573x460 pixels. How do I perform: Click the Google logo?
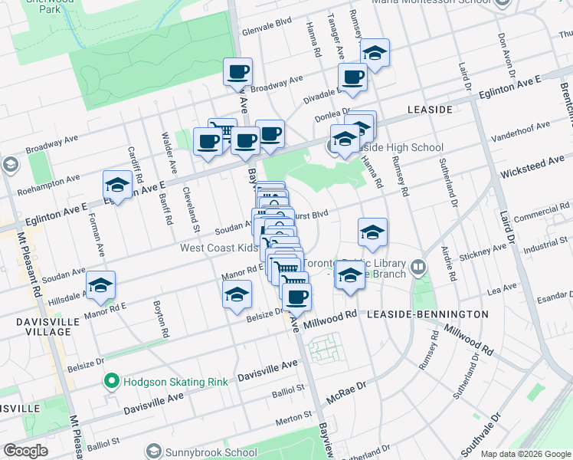[x=25, y=451]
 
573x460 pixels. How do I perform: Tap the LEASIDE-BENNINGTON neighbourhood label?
[x=427, y=314]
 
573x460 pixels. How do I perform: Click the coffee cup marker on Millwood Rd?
[x=296, y=296]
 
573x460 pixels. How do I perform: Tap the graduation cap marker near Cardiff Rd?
[x=118, y=185]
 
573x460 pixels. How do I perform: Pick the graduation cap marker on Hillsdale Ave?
[x=100, y=285]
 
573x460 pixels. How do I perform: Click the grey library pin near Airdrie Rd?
[x=418, y=268]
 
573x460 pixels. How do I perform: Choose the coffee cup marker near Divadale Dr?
[x=352, y=77]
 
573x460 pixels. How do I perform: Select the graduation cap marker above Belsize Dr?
[x=237, y=294]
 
